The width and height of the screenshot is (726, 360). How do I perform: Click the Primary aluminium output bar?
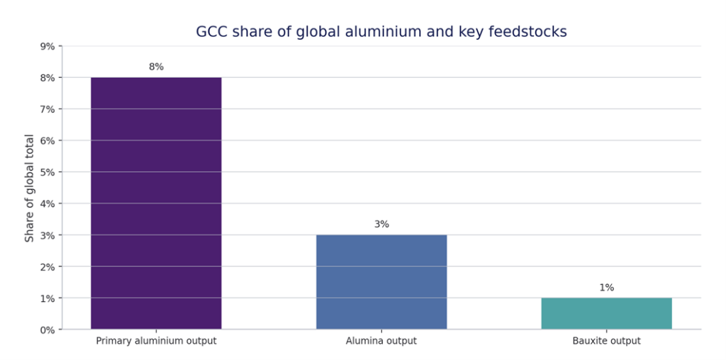(x=156, y=203)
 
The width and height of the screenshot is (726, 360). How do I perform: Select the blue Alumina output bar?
(x=381, y=281)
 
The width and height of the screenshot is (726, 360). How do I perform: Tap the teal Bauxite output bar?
(x=606, y=313)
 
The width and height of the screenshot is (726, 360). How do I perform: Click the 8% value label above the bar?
(x=156, y=67)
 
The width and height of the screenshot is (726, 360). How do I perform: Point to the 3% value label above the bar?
(x=381, y=224)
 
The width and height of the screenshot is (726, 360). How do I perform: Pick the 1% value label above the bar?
(x=606, y=287)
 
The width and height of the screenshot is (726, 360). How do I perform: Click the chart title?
(x=381, y=32)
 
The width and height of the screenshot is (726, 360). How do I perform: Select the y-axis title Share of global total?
(x=30, y=188)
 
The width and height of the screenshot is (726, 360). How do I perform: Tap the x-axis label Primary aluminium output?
(x=156, y=341)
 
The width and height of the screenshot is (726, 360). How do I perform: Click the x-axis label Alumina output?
(x=381, y=341)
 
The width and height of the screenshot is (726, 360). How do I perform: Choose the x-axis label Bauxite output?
(x=606, y=341)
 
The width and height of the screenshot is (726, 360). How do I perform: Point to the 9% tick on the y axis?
(x=47, y=46)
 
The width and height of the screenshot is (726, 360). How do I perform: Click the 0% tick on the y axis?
(x=47, y=330)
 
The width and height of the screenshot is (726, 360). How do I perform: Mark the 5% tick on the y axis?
(x=47, y=172)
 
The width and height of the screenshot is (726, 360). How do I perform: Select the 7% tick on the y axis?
(x=47, y=109)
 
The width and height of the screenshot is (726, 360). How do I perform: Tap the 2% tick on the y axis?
(x=47, y=266)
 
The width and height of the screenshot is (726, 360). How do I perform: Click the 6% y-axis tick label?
(x=47, y=140)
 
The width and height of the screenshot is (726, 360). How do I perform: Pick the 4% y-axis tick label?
(x=47, y=203)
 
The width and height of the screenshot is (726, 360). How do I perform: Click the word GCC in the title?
(x=211, y=32)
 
